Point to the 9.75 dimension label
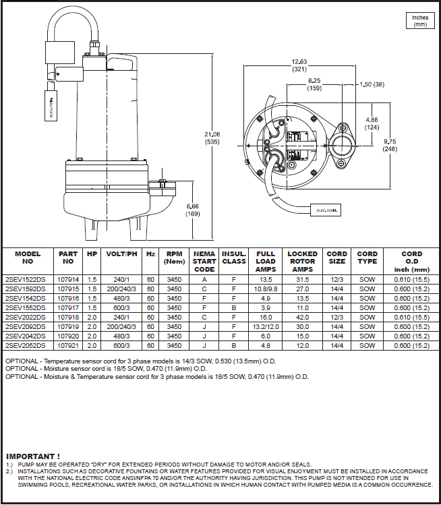[390, 144]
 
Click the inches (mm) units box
[420, 21]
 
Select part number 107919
[68, 326]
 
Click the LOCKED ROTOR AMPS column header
[302, 262]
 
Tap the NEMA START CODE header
[204, 262]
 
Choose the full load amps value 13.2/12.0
[266, 326]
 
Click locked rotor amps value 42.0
[302, 316]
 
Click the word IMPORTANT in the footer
[33, 456]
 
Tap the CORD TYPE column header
[367, 258]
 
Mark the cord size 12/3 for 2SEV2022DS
[336, 316]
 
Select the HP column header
[92, 254]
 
